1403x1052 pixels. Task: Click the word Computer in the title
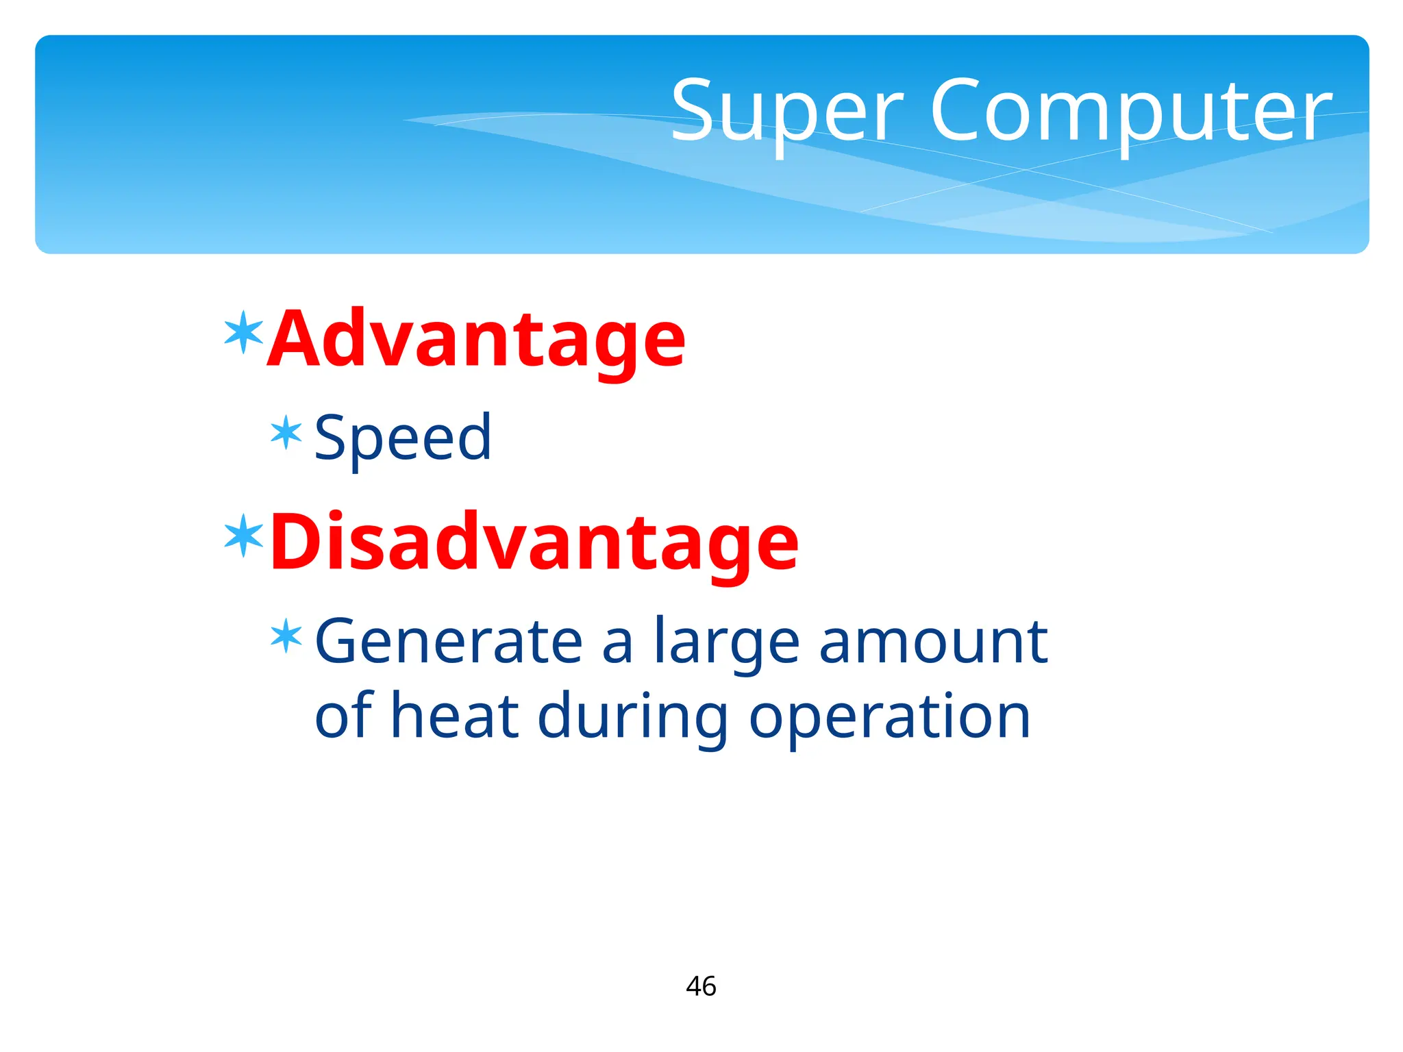[x=1130, y=111]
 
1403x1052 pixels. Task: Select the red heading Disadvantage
[x=534, y=542]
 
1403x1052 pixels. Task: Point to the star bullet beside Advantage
[x=244, y=332]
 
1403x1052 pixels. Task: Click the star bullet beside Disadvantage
[x=244, y=536]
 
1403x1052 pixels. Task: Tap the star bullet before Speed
[x=286, y=433]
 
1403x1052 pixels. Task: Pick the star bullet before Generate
[x=286, y=636]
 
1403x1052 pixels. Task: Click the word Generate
[x=449, y=642]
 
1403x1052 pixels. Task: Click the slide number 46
[x=701, y=986]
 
